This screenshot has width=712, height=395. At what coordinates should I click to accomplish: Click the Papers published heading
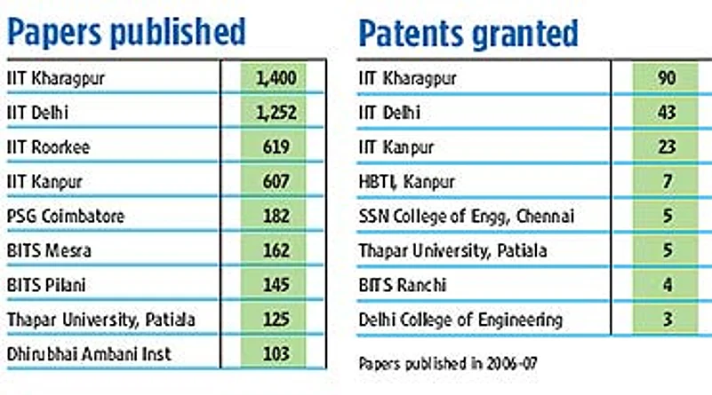point(125,32)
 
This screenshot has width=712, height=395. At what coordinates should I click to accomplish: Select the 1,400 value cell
point(275,78)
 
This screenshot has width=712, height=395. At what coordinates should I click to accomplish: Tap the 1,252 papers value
point(275,113)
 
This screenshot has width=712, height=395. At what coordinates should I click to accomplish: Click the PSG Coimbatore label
point(65,217)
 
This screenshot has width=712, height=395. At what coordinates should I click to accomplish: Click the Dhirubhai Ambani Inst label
point(88,354)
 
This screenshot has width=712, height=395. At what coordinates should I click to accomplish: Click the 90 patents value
point(667,78)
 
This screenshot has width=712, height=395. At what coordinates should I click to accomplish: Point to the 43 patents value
point(667,113)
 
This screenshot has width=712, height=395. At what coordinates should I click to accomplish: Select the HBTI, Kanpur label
point(406,182)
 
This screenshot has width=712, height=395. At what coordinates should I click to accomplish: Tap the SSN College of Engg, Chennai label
point(467,217)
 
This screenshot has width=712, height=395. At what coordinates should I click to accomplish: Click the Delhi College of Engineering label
point(460,320)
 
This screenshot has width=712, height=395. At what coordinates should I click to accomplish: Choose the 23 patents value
point(667,147)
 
